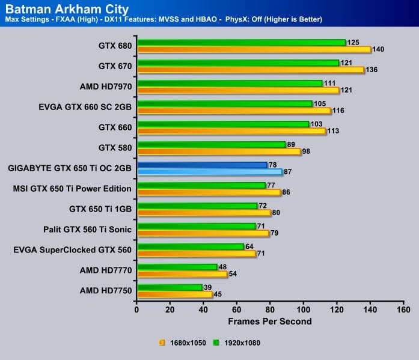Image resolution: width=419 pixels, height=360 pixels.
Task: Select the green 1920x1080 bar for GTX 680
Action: click(x=241, y=43)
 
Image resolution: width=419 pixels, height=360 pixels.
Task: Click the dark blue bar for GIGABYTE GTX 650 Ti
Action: click(x=202, y=165)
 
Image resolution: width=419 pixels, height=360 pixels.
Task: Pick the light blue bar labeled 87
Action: click(x=209, y=172)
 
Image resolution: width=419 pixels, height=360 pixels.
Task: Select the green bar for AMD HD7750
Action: click(x=170, y=287)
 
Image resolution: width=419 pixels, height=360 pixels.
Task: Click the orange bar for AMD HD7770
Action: click(x=182, y=273)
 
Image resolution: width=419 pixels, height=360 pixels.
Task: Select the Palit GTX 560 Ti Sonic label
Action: click(x=88, y=230)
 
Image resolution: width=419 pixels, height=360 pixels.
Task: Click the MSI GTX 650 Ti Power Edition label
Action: click(x=72, y=189)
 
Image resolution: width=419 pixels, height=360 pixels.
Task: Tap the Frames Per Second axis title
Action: click(x=270, y=321)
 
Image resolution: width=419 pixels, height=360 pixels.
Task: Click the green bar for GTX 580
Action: click(x=211, y=144)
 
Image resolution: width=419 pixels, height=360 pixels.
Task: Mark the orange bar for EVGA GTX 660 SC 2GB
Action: click(x=233, y=111)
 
